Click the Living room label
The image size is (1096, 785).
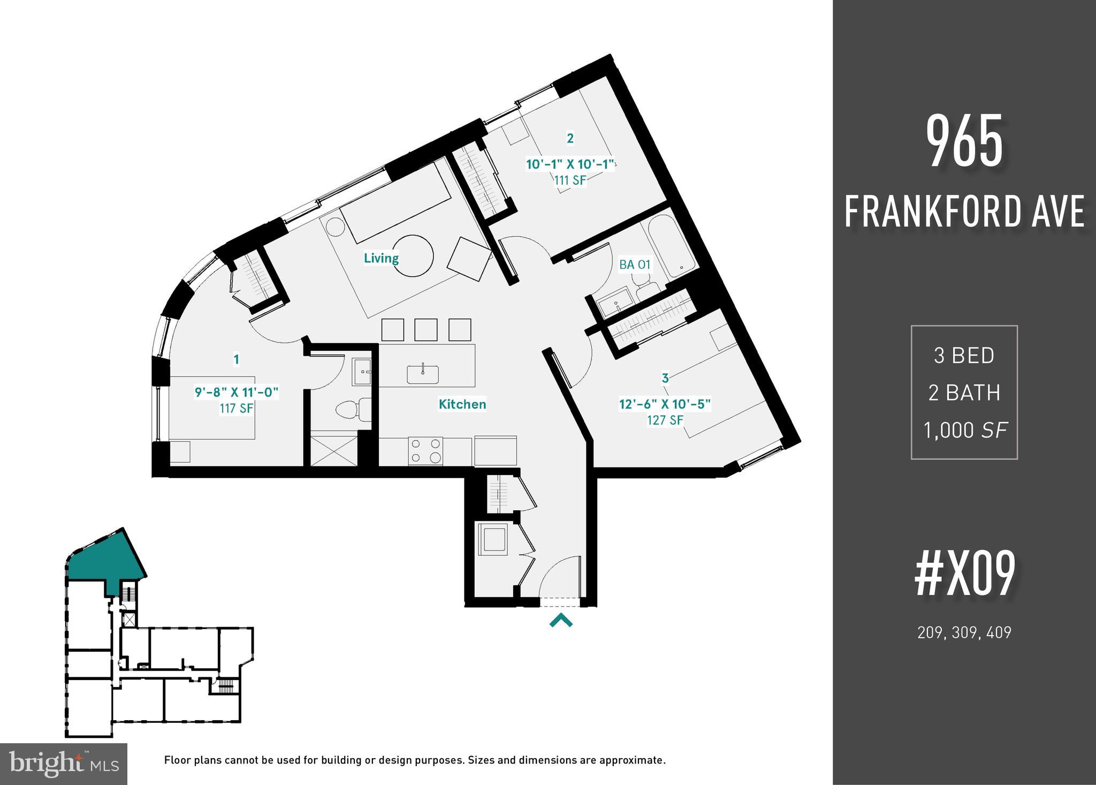click(381, 258)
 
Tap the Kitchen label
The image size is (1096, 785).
click(462, 404)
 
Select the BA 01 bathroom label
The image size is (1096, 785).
click(635, 265)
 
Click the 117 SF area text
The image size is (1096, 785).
click(237, 408)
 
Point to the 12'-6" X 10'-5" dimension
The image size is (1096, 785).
click(665, 404)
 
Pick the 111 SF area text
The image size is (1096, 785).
click(570, 180)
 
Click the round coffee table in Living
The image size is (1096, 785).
click(413, 256)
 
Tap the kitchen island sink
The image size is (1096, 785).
click(423, 374)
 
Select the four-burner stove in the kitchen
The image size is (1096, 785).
click(425, 451)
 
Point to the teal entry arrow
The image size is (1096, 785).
click(561, 621)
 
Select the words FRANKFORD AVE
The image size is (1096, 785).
click(964, 211)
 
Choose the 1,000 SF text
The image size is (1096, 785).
click(964, 430)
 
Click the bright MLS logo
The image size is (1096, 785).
click(64, 764)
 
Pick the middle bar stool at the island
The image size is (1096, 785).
click(426, 329)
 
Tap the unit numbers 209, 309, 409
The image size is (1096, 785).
click(964, 632)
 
